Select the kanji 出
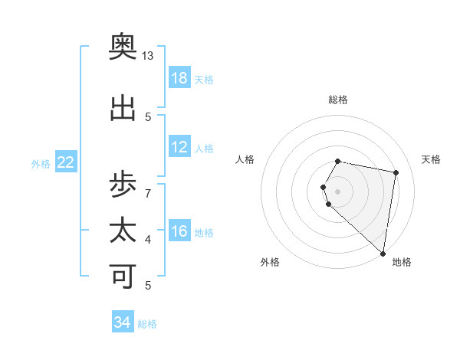[x=123, y=108]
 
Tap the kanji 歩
[x=123, y=185]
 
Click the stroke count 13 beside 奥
[x=148, y=56]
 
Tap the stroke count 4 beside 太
[x=148, y=240]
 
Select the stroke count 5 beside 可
[x=148, y=286]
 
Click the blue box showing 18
[x=179, y=78]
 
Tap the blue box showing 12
[x=179, y=147]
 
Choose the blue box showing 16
[x=179, y=231]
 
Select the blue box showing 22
[x=66, y=162]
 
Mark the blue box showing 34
[x=123, y=322]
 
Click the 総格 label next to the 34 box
[x=147, y=324]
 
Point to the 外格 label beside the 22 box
[x=41, y=163]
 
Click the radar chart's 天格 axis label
[x=431, y=159]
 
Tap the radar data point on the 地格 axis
[x=383, y=253]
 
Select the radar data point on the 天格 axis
[x=396, y=172]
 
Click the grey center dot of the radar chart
[x=338, y=191]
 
